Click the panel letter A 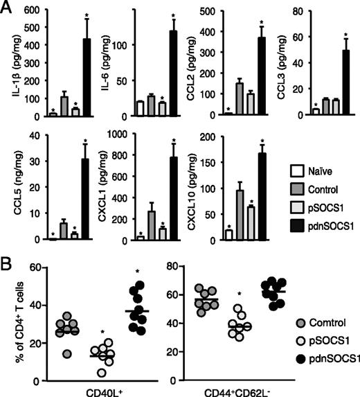coord(8,8)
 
